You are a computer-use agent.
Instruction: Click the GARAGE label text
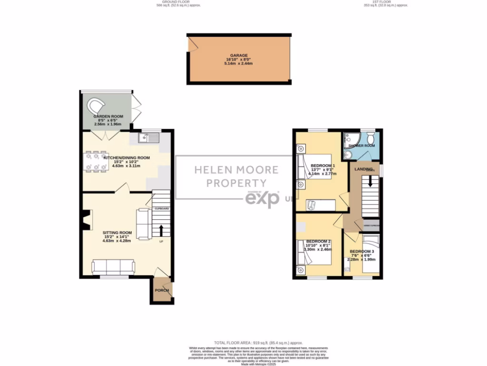pyautogui.click(x=239, y=55)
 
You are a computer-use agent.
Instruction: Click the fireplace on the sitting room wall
pyautogui.click(x=85, y=221)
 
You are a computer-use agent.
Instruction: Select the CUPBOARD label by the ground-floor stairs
pyautogui.click(x=162, y=209)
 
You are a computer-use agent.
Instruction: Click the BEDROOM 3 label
pyautogui.click(x=362, y=251)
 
